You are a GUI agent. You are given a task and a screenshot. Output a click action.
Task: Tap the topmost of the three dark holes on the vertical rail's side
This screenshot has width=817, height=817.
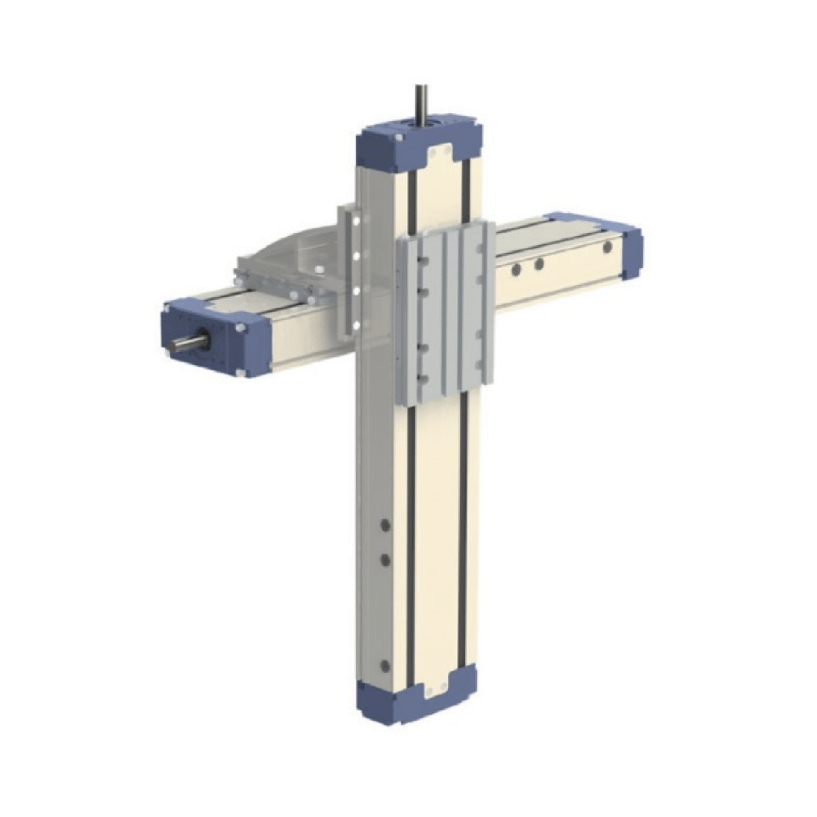[385, 525]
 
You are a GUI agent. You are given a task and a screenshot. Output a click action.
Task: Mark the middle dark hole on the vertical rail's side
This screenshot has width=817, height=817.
[385, 560]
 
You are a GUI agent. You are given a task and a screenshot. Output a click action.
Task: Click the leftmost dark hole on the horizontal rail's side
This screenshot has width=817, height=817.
[515, 270]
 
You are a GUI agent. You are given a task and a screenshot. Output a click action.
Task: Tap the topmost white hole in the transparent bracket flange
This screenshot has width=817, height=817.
[356, 221]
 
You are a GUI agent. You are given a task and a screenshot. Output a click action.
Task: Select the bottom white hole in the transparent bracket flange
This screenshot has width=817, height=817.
[356, 325]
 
